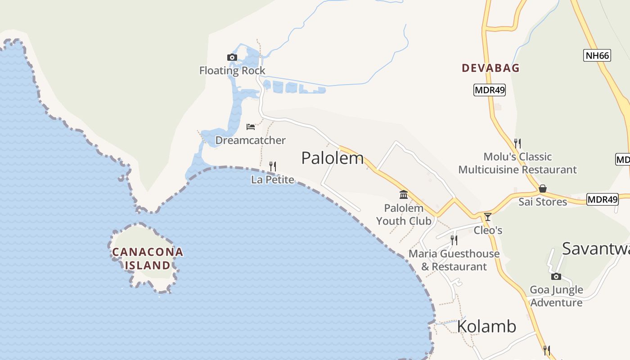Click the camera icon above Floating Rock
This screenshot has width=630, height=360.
[232, 57]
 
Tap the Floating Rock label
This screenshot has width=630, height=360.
[232, 71]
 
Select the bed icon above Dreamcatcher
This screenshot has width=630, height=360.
[251, 127]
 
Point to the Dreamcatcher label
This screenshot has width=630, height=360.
[250, 140]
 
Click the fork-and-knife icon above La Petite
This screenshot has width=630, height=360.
[272, 166]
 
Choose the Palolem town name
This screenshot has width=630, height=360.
[332, 158]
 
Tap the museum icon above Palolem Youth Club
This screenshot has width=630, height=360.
[404, 195]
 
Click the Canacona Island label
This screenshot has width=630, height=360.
[148, 258]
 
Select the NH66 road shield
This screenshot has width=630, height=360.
[597, 56]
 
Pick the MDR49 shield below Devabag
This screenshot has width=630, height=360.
[490, 90]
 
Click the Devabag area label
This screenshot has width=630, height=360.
[490, 68]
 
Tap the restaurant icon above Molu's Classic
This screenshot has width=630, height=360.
[517, 144]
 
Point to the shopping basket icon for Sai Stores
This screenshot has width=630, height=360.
[543, 189]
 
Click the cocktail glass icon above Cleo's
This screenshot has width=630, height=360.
[487, 217]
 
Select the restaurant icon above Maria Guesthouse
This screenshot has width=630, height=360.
[454, 240]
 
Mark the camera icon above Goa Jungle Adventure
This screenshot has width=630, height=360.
[556, 276]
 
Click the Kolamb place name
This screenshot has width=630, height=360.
[486, 326]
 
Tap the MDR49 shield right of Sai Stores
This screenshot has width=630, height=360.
[602, 199]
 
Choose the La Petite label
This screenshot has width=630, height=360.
[273, 180]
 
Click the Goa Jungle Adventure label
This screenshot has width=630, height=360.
[556, 296]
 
